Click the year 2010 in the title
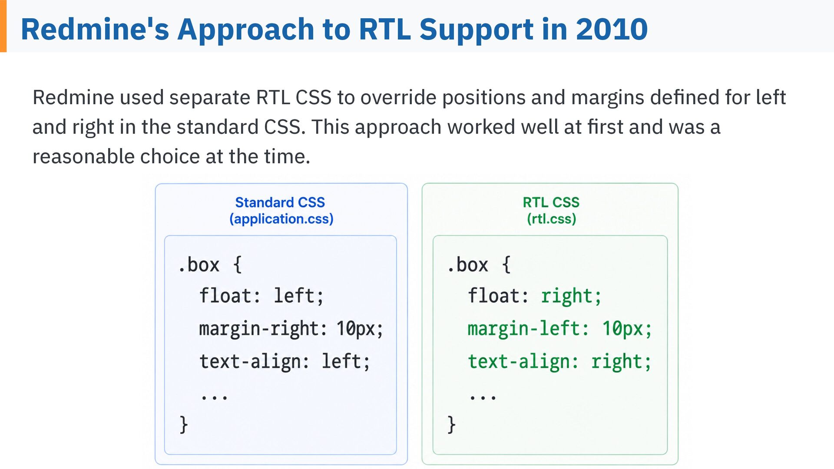tap(612, 29)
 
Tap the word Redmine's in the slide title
tap(95, 29)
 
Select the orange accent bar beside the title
tap(3, 26)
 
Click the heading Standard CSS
tap(280, 202)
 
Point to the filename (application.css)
tap(281, 219)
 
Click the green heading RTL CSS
tap(551, 202)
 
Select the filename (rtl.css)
tap(552, 219)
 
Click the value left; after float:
tap(299, 296)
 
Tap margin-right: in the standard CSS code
tap(263, 329)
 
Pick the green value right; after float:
tap(571, 297)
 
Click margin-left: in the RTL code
tap(528, 329)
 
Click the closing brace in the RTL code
tap(452, 424)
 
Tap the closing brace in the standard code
tap(184, 424)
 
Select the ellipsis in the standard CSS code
tap(214, 396)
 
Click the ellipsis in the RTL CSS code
tap(483, 396)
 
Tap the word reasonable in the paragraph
tap(83, 156)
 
